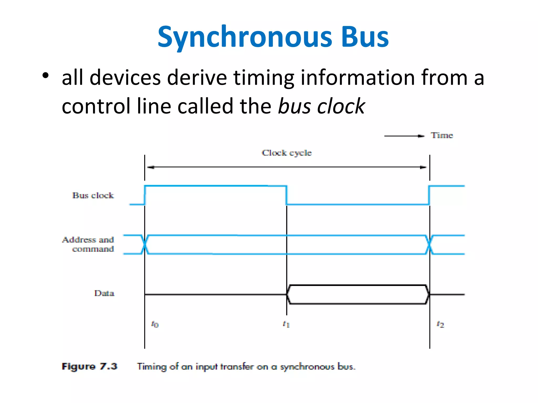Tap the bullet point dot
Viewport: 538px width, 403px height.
pos(45,76)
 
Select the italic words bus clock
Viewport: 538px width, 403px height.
pos(321,106)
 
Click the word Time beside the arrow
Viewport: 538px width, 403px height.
pos(442,135)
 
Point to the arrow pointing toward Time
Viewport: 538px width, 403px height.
pos(405,136)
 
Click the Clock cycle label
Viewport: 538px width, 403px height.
pos(287,153)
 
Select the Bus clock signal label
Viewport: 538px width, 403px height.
pos(93,195)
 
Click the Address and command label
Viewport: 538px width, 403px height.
pos(88,244)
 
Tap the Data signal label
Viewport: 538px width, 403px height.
pos(104,293)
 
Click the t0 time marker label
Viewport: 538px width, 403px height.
pos(155,324)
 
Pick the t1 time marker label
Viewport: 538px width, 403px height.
pos(286,324)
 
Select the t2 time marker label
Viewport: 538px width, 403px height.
pos(440,324)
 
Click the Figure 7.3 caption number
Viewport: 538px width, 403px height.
pos(89,366)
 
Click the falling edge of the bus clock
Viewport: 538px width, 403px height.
pos(287,195)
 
